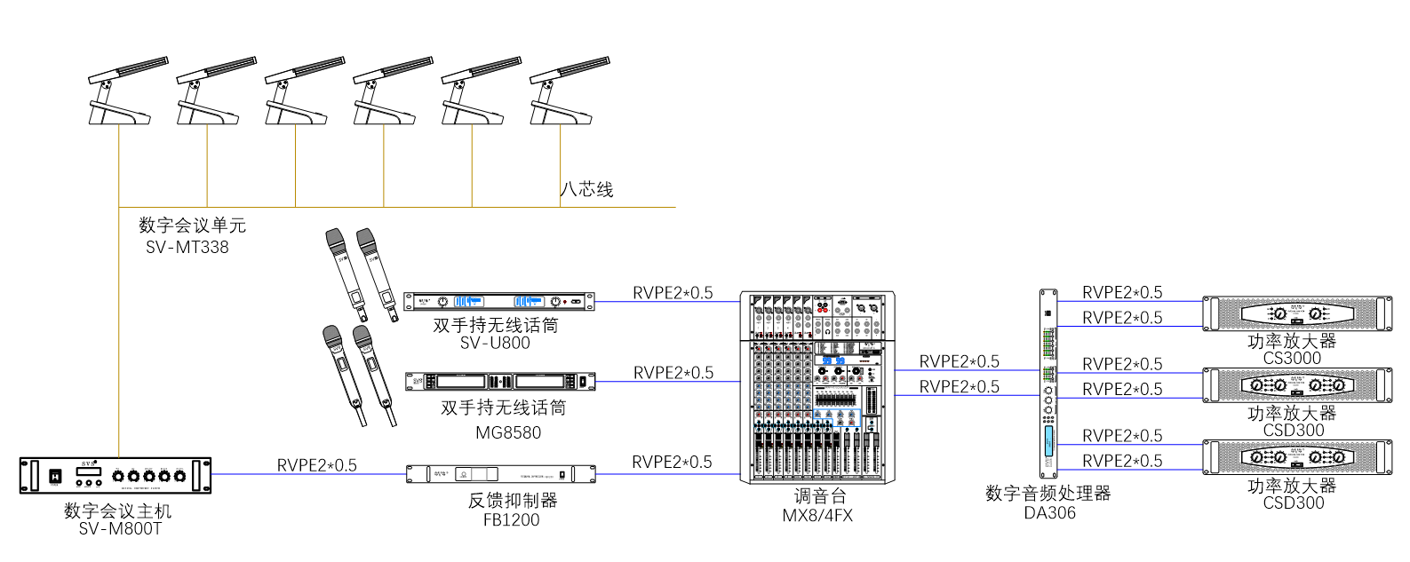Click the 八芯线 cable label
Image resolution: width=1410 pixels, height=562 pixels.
click(x=586, y=189)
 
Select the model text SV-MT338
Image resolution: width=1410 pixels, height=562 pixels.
click(x=187, y=248)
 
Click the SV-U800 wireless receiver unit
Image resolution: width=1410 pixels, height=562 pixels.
click(x=498, y=302)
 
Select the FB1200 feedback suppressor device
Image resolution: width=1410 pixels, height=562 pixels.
click(x=500, y=474)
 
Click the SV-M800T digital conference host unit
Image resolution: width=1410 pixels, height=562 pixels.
click(x=116, y=476)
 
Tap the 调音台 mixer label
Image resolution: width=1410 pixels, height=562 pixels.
click(x=819, y=496)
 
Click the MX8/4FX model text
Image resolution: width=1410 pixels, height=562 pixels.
click(x=817, y=516)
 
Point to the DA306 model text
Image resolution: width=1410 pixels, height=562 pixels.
click(x=1049, y=513)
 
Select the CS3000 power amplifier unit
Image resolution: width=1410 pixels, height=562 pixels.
click(x=1297, y=313)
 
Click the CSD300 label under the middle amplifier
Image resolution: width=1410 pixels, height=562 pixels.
click(x=1294, y=431)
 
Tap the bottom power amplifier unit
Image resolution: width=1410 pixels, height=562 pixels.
click(x=1297, y=457)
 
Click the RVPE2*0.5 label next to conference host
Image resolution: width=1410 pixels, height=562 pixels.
click(x=317, y=465)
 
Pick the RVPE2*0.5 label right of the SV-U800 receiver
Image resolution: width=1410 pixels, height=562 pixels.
click(x=673, y=293)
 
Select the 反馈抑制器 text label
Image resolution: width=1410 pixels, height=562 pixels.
click(x=513, y=501)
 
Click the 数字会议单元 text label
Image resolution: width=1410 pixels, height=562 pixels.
click(x=192, y=226)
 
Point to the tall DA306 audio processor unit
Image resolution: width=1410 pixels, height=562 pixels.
click(x=1049, y=384)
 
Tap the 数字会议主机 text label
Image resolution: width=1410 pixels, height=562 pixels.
click(x=117, y=511)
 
